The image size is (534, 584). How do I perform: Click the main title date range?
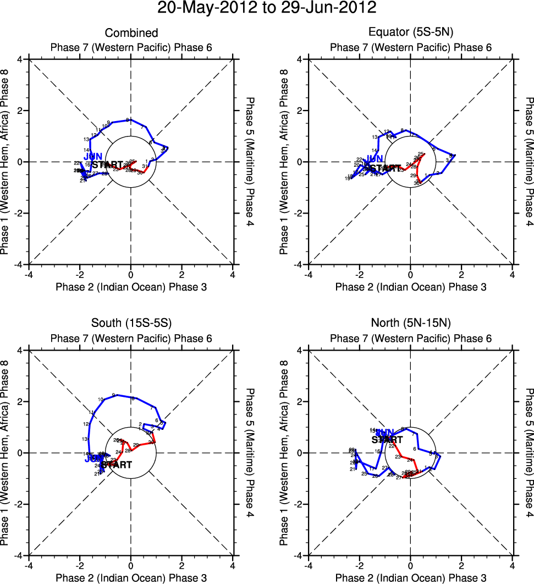coord(267,8)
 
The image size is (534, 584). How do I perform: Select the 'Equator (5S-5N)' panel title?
coord(410,34)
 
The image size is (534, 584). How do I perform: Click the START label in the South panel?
coord(117,465)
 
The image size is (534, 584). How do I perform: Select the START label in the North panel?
coord(387,439)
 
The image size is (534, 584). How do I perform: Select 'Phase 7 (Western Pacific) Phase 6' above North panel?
coord(410,339)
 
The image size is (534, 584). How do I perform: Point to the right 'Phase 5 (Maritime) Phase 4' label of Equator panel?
coord(529,162)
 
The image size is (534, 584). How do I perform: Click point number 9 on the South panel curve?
coord(113,395)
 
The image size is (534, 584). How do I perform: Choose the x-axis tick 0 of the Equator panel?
coord(410,274)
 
